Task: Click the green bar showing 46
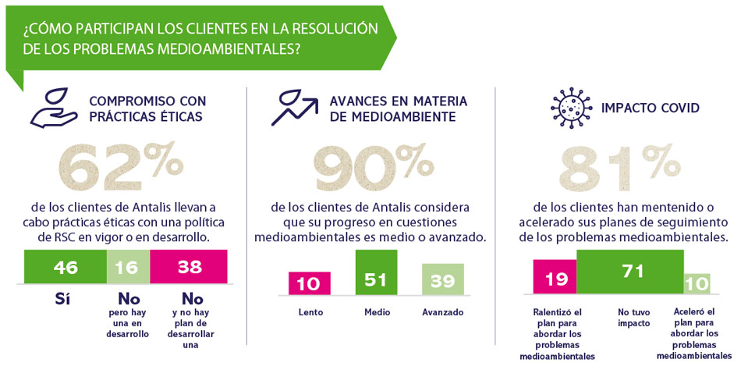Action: tap(66, 267)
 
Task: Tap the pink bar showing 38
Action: tap(188, 267)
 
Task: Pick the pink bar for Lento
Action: tap(309, 283)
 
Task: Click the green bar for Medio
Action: tap(376, 272)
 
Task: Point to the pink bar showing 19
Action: tap(555, 276)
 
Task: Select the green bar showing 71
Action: tap(629, 271)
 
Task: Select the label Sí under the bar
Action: tap(65, 298)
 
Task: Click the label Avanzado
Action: tap(443, 312)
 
